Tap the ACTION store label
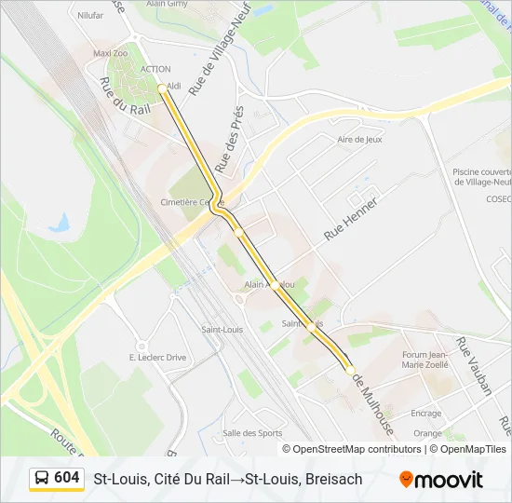tap(155, 69)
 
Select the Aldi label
tap(174, 86)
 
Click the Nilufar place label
tap(90, 16)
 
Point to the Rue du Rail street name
tap(124, 96)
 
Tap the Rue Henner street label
tap(351, 220)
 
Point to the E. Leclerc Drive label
tap(157, 357)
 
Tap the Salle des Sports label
tap(252, 432)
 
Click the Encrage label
tap(426, 413)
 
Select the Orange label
tap(428, 433)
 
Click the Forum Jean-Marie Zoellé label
tap(426, 360)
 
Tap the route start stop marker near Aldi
tap(162, 88)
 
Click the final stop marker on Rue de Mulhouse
tap(350, 370)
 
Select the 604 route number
tap(66, 477)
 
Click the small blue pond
tap(61, 223)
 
